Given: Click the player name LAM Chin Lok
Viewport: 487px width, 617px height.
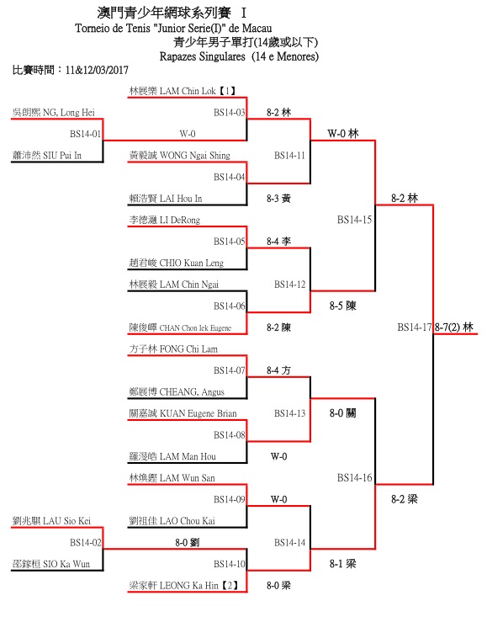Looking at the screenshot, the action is click(188, 91).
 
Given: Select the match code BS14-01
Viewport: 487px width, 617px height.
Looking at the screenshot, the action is click(85, 134).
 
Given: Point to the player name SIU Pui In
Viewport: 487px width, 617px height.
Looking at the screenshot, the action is click(62, 156).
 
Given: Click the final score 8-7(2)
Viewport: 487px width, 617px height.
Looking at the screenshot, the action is click(447, 327).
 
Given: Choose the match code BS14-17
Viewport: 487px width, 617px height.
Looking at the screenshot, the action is click(415, 327).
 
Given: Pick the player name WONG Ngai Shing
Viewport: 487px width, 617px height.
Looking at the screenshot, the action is click(195, 156).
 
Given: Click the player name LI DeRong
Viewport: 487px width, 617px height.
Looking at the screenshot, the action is click(180, 221).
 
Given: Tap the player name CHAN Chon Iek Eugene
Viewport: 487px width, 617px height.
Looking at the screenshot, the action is click(195, 328).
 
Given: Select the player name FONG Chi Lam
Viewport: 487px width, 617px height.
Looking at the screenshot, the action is click(188, 349).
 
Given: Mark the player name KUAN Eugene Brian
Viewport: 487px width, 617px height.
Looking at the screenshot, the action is click(199, 413).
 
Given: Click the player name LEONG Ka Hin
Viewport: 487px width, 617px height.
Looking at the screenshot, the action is click(189, 586).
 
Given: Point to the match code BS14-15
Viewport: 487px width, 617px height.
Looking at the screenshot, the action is click(355, 220).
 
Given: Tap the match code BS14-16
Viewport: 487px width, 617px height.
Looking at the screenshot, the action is click(355, 478).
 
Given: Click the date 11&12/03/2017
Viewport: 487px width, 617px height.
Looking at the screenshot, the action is click(97, 71).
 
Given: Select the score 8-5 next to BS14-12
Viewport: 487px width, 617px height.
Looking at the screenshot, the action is click(336, 306).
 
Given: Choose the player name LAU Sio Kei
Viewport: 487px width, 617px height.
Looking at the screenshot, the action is click(66, 521).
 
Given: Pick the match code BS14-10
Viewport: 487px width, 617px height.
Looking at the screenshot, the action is click(229, 564).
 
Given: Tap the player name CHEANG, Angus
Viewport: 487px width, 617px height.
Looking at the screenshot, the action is click(192, 392).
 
